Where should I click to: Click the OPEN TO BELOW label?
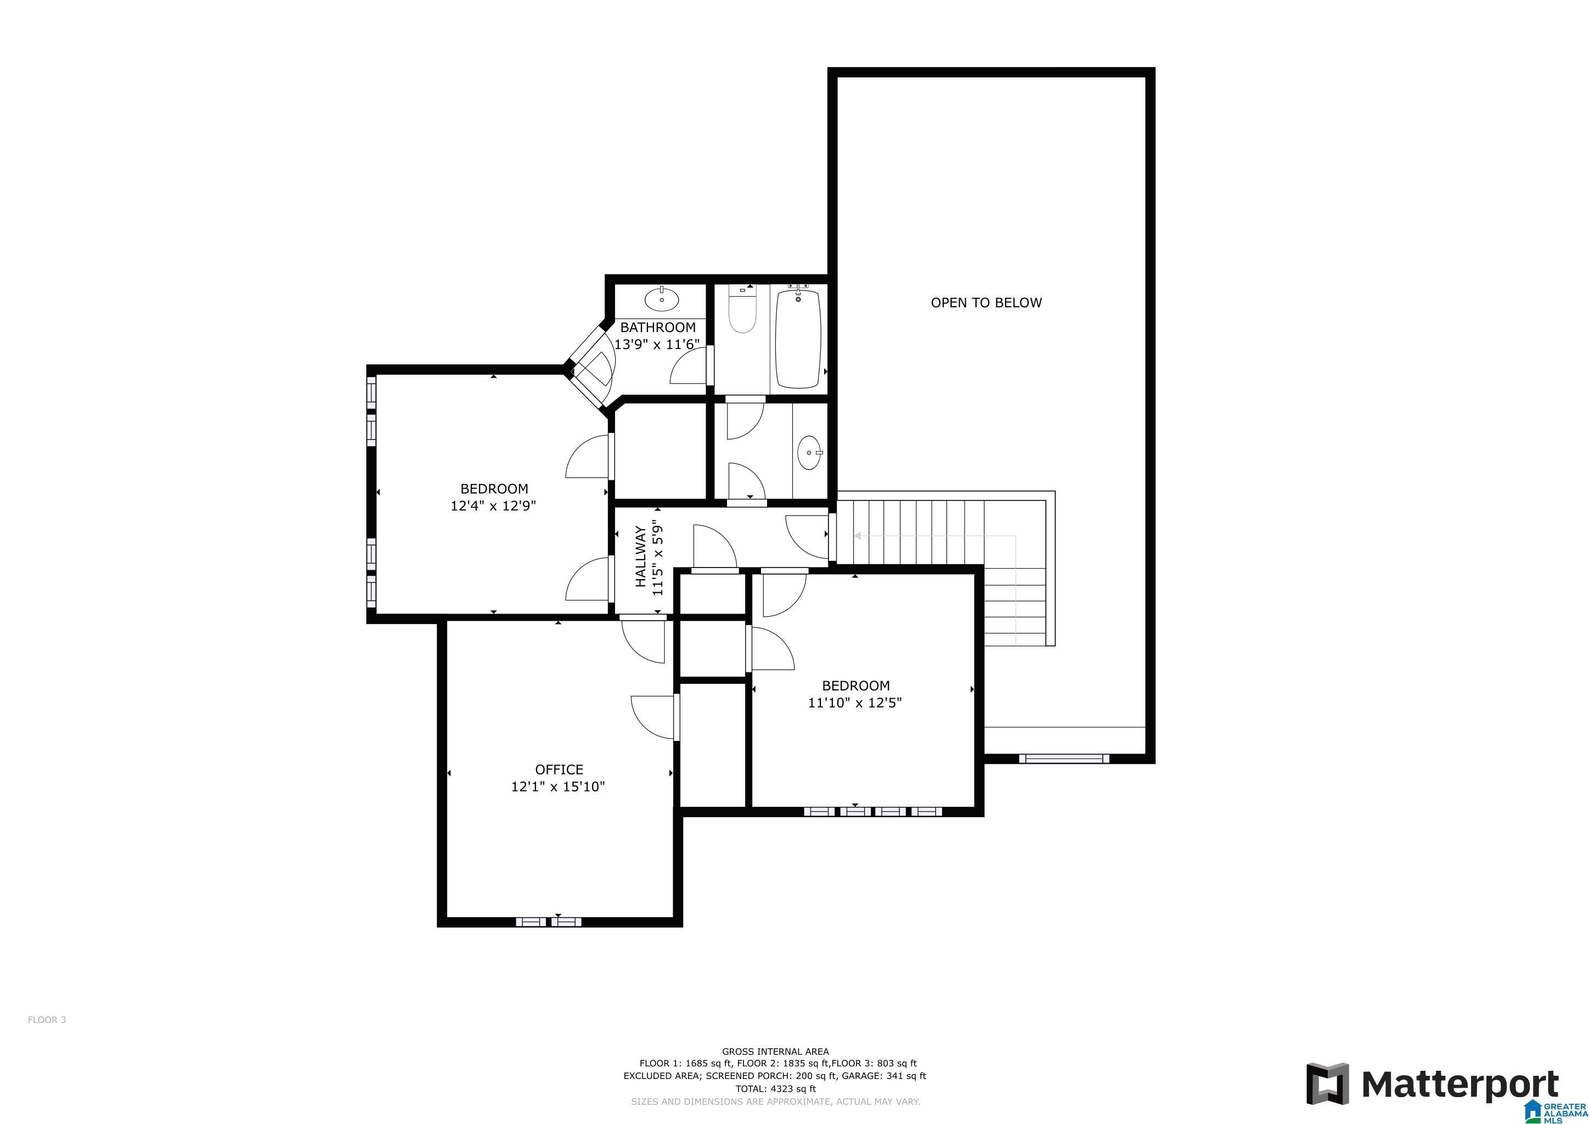[x=985, y=302]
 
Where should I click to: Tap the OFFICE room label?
[x=559, y=769]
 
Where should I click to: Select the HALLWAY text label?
[x=641, y=557]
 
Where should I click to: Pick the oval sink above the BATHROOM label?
[x=662, y=300]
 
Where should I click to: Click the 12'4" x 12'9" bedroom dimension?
[x=493, y=506]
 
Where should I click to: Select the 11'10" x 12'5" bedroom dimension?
[x=855, y=703]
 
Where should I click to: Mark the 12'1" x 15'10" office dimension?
[x=558, y=787]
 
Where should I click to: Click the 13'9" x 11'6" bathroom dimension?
[x=657, y=344]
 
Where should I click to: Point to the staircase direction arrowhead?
[x=858, y=536]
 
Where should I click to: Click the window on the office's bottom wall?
[x=549, y=922]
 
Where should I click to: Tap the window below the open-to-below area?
[x=1064, y=759]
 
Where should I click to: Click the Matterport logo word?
[x=1460, y=1084]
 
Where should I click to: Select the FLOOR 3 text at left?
[x=47, y=1020]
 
